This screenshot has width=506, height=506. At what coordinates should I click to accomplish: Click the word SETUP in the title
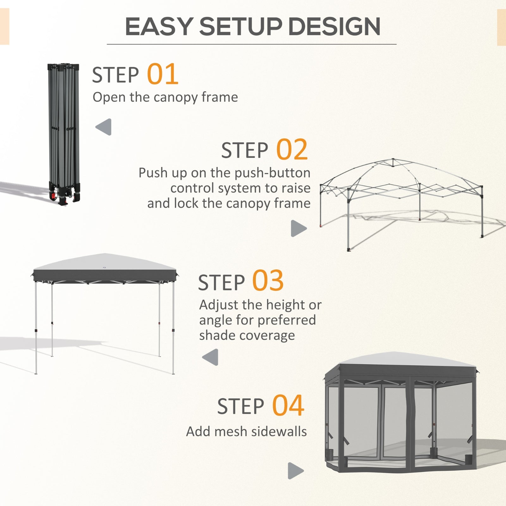(240, 27)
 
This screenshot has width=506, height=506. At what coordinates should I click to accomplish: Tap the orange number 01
(163, 74)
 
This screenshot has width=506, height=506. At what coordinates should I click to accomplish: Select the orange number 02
(292, 150)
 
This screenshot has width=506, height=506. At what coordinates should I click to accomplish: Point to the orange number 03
(268, 281)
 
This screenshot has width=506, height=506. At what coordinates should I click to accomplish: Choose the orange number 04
(288, 405)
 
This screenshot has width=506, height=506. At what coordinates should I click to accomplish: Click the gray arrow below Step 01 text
(104, 127)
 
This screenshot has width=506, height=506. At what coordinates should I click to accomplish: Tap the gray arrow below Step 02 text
(298, 228)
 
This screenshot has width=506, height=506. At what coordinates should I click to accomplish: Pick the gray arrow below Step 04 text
(295, 471)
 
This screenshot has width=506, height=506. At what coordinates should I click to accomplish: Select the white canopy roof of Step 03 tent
(104, 262)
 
